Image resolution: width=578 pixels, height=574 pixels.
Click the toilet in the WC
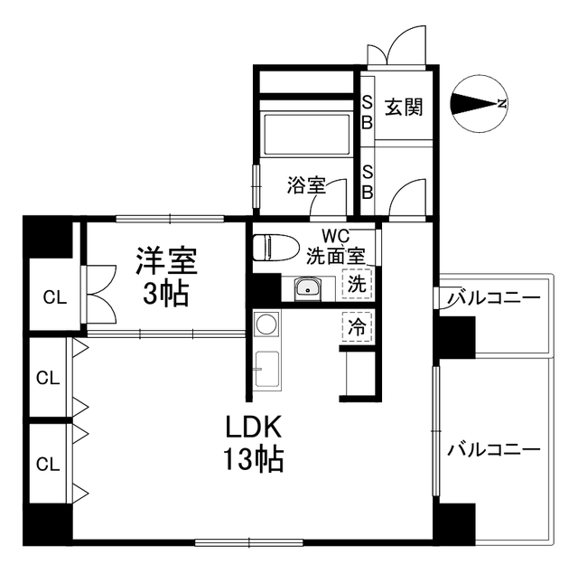276,248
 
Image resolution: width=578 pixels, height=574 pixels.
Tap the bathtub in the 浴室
306,135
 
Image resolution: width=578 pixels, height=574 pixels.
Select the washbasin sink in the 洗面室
308,288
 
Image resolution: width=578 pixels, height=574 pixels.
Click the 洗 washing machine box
357,284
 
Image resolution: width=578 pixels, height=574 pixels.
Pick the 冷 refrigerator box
357,326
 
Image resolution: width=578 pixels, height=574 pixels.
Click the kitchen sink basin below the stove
267,369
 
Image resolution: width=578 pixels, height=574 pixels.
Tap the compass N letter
501,104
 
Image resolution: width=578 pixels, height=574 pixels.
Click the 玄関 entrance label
404,107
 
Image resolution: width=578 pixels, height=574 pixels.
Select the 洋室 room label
166,260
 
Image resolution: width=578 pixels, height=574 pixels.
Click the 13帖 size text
254,459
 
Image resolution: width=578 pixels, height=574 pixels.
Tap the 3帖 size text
166,294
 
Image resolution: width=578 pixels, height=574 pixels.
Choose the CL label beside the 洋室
55,297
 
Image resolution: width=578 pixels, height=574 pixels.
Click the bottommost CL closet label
48,465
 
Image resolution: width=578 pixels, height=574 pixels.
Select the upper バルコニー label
493,297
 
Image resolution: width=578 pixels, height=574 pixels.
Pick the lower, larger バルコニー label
494,449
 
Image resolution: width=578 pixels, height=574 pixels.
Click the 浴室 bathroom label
306,185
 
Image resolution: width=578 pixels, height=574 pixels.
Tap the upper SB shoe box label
367,112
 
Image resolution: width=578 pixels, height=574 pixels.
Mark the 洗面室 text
336,256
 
